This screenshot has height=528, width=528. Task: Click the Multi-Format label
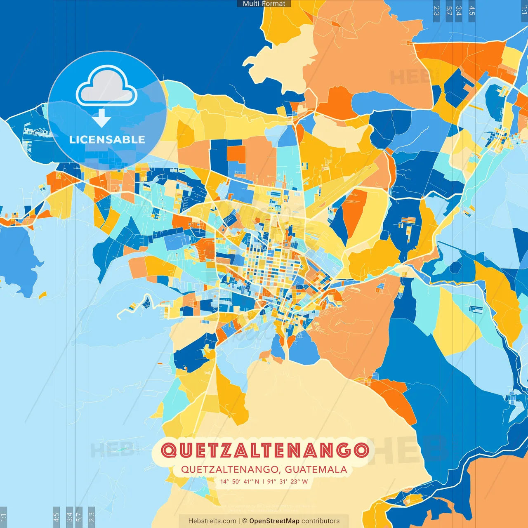click(264, 4)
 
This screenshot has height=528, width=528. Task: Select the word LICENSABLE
click(107, 139)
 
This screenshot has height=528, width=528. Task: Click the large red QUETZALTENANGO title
click(264, 450)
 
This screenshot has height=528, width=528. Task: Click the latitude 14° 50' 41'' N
click(240, 481)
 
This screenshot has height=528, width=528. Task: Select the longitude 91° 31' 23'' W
click(288, 481)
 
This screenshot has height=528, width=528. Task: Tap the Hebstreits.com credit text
click(212, 521)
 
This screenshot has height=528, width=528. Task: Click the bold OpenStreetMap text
click(274, 521)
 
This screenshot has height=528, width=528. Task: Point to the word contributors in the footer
click(321, 521)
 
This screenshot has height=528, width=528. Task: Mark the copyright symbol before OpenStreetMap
click(245, 521)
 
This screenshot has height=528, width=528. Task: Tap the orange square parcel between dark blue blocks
click(236, 153)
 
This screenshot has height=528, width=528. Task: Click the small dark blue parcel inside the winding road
click(146, 303)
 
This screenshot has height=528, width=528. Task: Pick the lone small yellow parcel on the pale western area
click(42, 295)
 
